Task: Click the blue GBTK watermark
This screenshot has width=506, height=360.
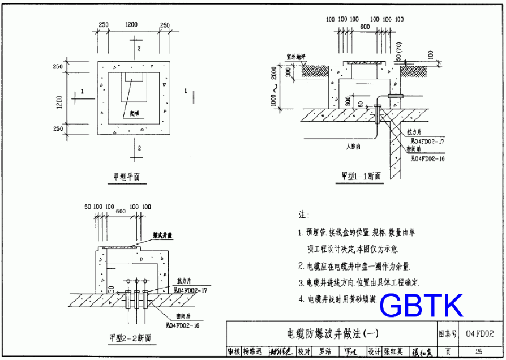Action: point(421,306)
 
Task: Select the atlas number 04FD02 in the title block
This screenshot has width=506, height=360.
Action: point(479,333)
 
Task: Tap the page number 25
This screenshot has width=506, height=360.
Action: point(479,352)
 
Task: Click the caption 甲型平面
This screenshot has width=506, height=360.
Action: point(125,177)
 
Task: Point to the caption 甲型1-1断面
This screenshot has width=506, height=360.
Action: point(361,176)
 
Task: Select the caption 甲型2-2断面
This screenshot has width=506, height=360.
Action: point(130,338)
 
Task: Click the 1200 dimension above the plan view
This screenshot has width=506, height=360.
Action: point(131,25)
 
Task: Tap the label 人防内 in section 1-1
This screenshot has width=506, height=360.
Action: point(354,146)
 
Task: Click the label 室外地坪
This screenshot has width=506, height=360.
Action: point(295,57)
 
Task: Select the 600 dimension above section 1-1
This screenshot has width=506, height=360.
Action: point(365,27)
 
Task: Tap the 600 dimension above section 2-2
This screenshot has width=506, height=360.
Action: point(120,212)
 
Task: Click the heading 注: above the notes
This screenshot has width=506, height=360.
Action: point(303,215)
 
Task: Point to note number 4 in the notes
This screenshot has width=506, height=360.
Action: point(301,299)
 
